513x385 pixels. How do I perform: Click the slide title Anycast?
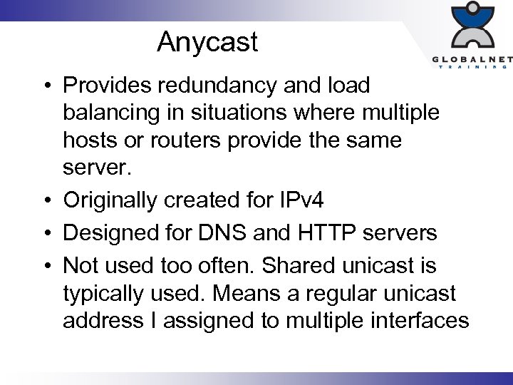point(207,42)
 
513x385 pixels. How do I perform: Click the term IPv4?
point(299,201)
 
